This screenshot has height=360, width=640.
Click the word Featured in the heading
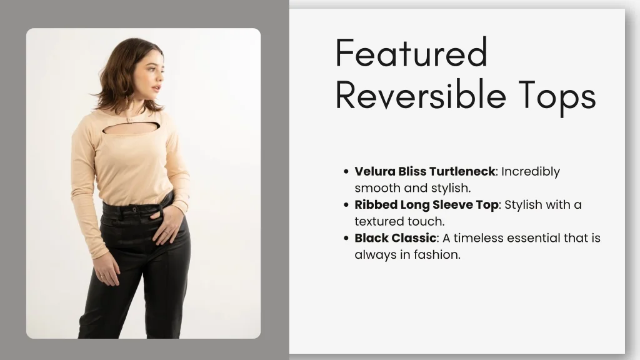click(411, 54)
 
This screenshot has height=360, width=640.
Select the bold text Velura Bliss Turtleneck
click(424, 171)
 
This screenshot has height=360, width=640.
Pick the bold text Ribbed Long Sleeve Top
click(426, 204)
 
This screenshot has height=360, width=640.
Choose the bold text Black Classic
click(395, 238)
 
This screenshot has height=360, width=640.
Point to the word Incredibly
click(531, 171)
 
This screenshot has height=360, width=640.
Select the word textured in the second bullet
click(381, 221)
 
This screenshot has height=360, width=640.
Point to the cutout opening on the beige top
click(131, 129)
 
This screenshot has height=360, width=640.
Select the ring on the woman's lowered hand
click(102, 275)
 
